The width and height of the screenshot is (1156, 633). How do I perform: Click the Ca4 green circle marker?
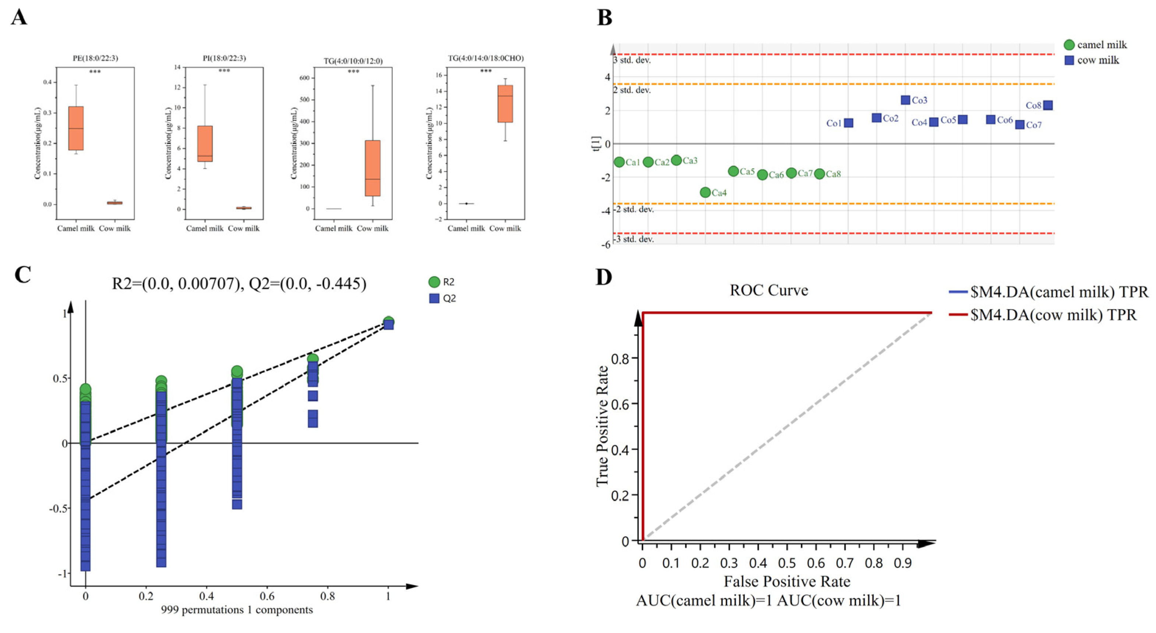[705, 192]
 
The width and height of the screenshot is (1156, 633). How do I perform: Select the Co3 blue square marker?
[905, 100]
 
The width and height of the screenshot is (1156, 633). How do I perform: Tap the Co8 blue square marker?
[1047, 105]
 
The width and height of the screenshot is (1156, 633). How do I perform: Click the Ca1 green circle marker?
[619, 162]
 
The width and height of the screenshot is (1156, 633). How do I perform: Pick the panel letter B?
[605, 18]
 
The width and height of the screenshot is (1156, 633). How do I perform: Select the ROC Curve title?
[769, 290]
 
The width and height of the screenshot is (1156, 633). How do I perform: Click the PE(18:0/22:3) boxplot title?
[95, 58]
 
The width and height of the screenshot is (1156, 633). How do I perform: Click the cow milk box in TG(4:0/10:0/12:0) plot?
[372, 168]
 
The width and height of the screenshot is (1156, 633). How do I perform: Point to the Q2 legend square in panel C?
[434, 298]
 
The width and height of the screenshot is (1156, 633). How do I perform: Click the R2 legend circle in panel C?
[434, 282]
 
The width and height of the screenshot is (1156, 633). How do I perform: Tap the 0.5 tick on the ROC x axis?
[787, 563]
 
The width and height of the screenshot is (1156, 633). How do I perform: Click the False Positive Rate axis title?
[787, 581]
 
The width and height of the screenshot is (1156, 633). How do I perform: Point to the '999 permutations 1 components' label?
[237, 610]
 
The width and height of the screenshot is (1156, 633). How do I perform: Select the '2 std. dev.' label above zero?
[632, 90]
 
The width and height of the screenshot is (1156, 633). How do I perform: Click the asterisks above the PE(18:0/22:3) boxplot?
[95, 72]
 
